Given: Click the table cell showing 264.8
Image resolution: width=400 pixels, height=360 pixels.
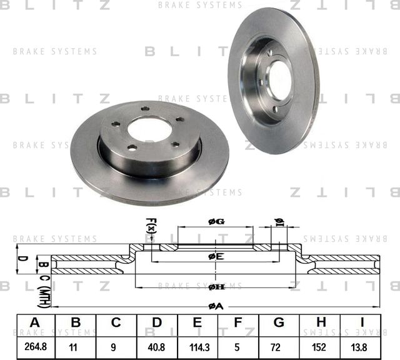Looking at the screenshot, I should coord(35,344).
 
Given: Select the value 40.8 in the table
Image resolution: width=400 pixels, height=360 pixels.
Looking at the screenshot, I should coord(157,344).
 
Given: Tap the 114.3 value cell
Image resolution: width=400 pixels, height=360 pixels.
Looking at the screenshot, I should coord(197,344).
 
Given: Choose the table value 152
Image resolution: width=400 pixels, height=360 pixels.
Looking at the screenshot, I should coord(320,344).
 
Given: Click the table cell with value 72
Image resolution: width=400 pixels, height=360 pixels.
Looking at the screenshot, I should coord(279,344).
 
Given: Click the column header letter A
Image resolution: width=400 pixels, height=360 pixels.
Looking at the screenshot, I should coord(35,322).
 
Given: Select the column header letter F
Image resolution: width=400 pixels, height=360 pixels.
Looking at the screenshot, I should coord(238,322).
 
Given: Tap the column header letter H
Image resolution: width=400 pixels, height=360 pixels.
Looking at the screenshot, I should coord(320,322).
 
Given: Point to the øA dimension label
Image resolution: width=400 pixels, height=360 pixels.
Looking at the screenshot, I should coord(215,306).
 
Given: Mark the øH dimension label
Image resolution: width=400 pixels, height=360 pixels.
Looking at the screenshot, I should coord(216,286).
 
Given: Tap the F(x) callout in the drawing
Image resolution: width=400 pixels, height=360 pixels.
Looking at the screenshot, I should coord(150,226).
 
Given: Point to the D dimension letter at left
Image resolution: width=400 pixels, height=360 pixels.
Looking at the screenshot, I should coord(20,257).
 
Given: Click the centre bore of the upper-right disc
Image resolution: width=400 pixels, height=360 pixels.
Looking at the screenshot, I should coord(279,81).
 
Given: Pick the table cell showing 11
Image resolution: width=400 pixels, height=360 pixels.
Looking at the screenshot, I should coord(76,344).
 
